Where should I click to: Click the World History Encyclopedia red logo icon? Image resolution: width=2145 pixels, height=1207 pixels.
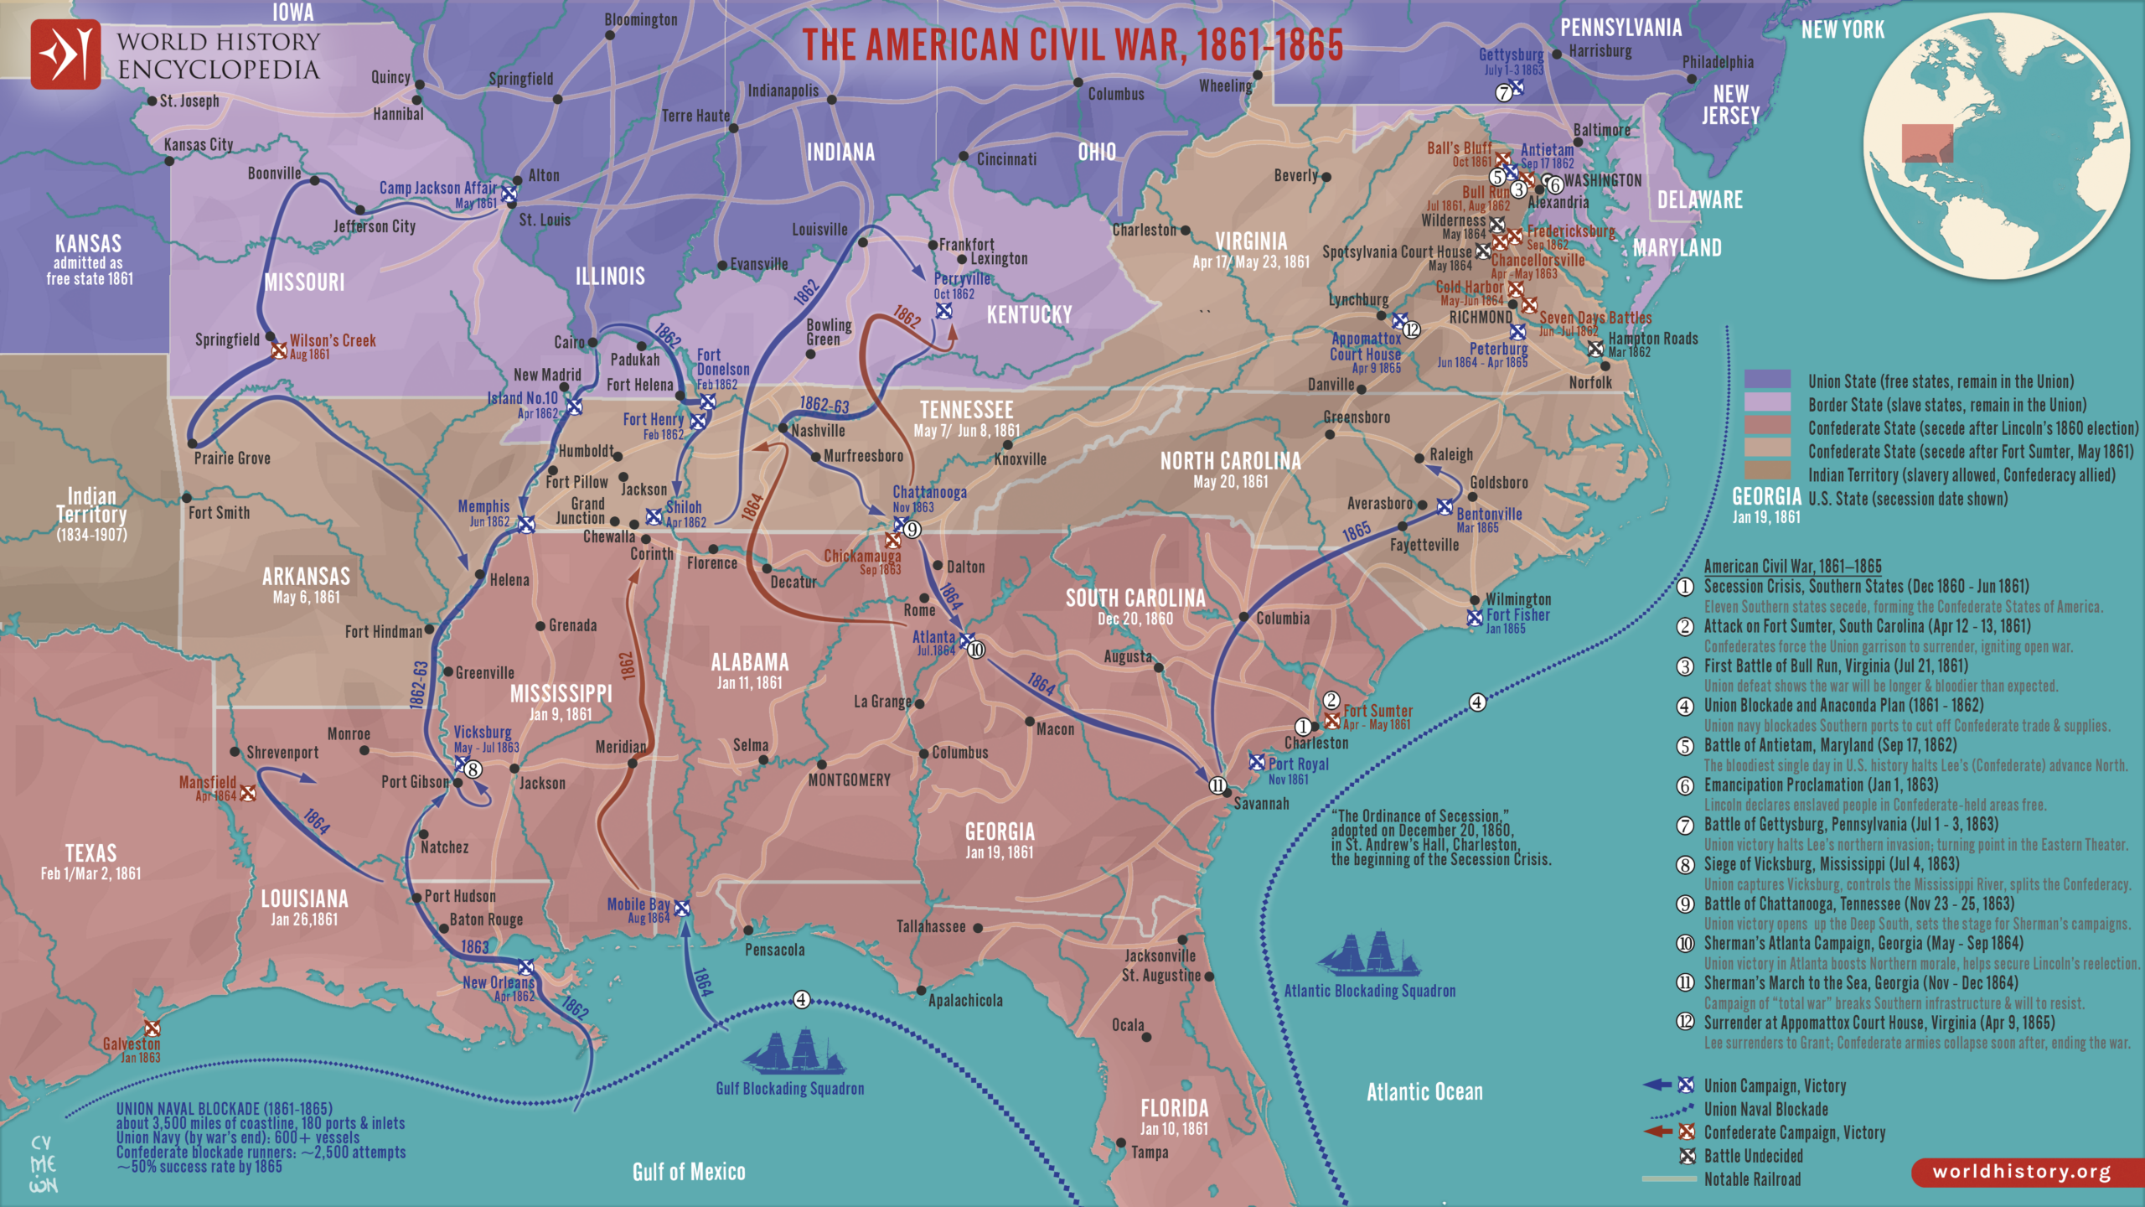tap(65, 54)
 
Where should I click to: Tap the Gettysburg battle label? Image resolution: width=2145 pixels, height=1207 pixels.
tap(1511, 55)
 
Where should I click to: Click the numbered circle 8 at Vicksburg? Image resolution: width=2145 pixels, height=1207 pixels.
tap(473, 769)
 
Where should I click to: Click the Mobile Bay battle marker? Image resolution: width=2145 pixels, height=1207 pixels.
tap(682, 908)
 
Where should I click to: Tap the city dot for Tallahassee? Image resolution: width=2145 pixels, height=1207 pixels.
tap(978, 928)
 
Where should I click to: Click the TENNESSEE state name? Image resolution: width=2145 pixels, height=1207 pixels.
tap(966, 410)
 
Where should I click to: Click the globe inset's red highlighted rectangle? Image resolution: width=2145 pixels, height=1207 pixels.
tap(1926, 142)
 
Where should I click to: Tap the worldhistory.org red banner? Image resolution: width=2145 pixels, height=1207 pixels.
tap(2022, 1172)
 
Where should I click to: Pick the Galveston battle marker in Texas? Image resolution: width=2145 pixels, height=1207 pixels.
tap(152, 1028)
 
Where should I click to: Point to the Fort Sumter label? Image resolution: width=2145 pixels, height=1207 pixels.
tap(1377, 711)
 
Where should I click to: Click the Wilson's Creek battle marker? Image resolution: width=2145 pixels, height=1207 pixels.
tap(279, 350)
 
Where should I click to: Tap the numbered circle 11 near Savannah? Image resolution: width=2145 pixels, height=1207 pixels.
tap(1217, 785)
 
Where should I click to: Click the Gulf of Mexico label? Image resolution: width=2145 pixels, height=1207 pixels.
tap(689, 1172)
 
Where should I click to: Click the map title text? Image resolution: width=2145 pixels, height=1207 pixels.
tap(1072, 45)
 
